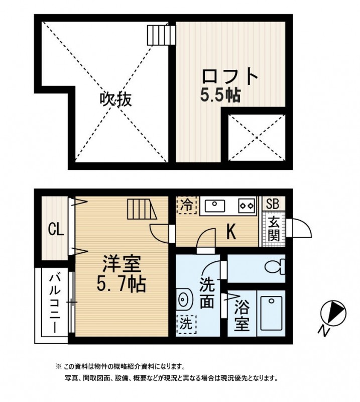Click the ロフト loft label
pyautogui.click(x=230, y=77)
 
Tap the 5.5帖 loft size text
pyautogui.click(x=220, y=95)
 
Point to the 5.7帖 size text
pyautogui.click(x=121, y=284)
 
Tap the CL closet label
pyautogui.click(x=55, y=230)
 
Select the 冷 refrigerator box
pyautogui.click(x=186, y=205)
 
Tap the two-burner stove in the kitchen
pyautogui.click(x=246, y=205)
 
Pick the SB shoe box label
pyautogui.click(x=273, y=204)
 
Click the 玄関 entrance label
pyautogui.click(x=273, y=229)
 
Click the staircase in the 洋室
pyautogui.click(x=143, y=210)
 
